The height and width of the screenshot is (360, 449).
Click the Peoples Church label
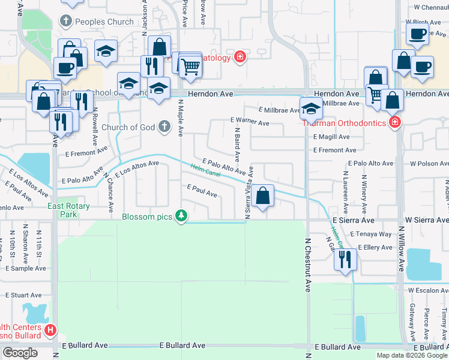pyautogui.click(x=104, y=22)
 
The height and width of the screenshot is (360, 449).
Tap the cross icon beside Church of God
pyautogui.click(x=165, y=127)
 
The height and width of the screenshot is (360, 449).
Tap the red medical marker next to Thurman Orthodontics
pyautogui.click(x=394, y=124)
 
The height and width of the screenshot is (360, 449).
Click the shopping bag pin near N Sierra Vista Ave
pyautogui.click(x=262, y=196)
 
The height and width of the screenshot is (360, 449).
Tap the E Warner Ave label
pyautogui.click(x=250, y=122)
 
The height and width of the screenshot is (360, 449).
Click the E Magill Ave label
pyautogui.click(x=331, y=137)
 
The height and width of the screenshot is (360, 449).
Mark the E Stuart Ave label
pyautogui.click(x=23, y=295)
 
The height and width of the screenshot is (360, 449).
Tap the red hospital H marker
pyautogui.click(x=50, y=329)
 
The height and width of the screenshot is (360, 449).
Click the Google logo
pyautogui.click(x=20, y=353)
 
